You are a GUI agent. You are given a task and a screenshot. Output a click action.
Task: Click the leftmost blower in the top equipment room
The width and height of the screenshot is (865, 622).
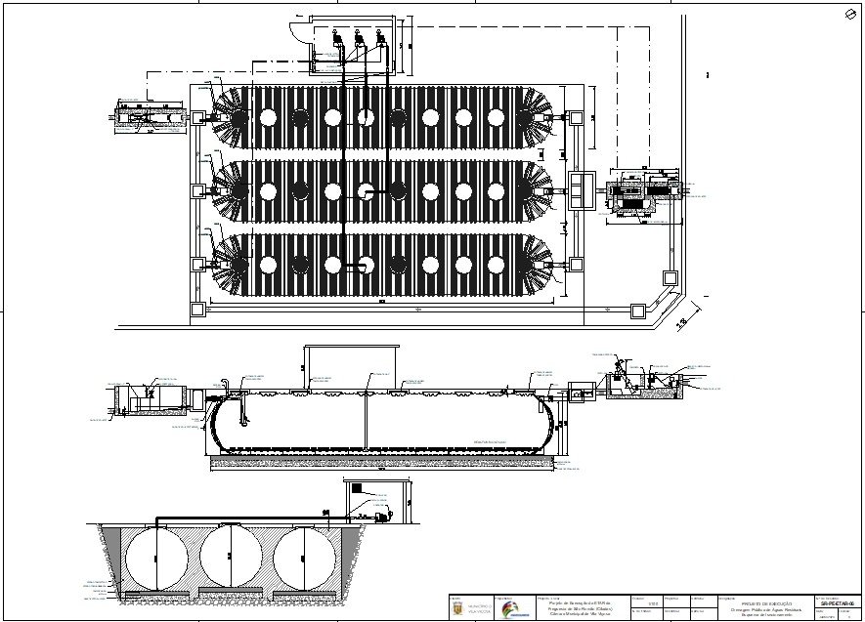pyautogui.click(x=335, y=41)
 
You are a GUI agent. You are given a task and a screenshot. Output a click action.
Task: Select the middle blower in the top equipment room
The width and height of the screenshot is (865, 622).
pyautogui.click(x=358, y=41)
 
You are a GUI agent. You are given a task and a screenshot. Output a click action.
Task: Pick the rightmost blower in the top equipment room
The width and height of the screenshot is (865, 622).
pyautogui.click(x=379, y=41)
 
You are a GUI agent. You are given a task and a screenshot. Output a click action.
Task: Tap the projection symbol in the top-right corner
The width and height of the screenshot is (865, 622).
pyautogui.click(x=850, y=15)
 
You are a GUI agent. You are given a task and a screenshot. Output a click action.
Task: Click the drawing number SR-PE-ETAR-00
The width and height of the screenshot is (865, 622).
pyautogui.click(x=839, y=603)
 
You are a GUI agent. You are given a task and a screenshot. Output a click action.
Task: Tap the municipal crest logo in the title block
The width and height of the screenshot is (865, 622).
pyautogui.click(x=456, y=608)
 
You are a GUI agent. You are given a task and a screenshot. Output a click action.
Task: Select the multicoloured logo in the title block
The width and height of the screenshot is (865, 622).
pyautogui.click(x=512, y=609)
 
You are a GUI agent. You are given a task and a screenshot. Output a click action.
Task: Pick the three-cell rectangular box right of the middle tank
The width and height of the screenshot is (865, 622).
pyautogui.click(x=579, y=189)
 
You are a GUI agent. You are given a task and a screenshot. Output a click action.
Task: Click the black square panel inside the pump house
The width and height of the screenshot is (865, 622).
pyautogui.click(x=357, y=488)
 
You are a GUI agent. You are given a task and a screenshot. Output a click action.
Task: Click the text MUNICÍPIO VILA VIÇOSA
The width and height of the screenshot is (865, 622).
pyautogui.click(x=480, y=609)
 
